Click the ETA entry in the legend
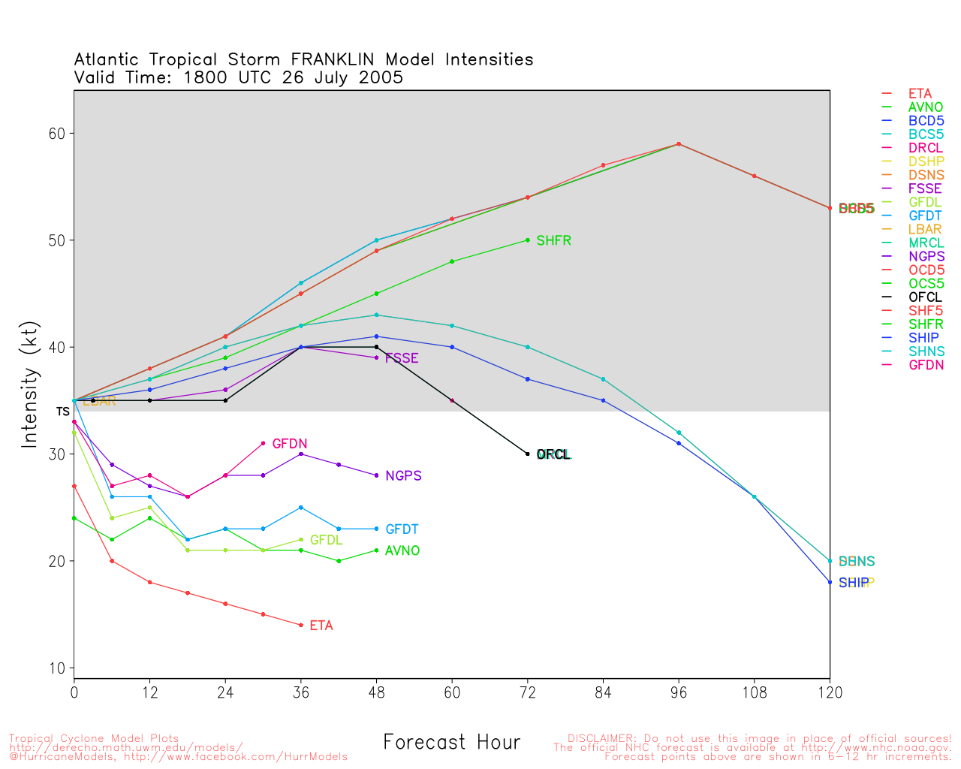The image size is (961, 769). click(920, 94)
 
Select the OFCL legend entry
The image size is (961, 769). click(925, 297)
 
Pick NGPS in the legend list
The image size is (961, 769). click(926, 257)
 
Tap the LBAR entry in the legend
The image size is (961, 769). click(925, 230)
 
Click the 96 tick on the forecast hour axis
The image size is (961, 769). click(679, 693)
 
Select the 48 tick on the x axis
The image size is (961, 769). click(376, 693)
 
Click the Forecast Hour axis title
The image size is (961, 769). click(451, 743)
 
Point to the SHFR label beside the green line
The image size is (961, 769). click(553, 241)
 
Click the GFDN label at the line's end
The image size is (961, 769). click(289, 445)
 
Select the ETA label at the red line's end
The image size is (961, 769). click(321, 626)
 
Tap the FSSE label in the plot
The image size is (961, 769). click(402, 359)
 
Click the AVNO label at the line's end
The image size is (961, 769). click(402, 551)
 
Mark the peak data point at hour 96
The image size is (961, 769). click(679, 144)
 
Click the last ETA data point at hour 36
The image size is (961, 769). click(301, 625)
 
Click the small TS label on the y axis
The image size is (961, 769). click(62, 412)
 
